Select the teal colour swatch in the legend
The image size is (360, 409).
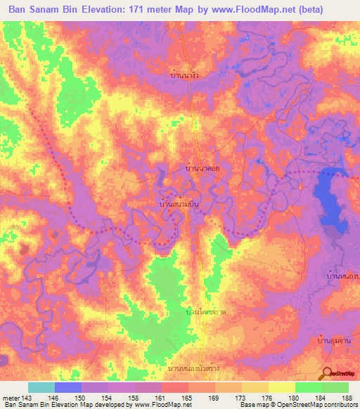click(x=41, y=387)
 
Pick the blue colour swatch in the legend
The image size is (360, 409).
click(x=67, y=387)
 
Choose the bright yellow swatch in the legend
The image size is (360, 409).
click(x=281, y=387)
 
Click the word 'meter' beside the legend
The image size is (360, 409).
click(x=10, y=397)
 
